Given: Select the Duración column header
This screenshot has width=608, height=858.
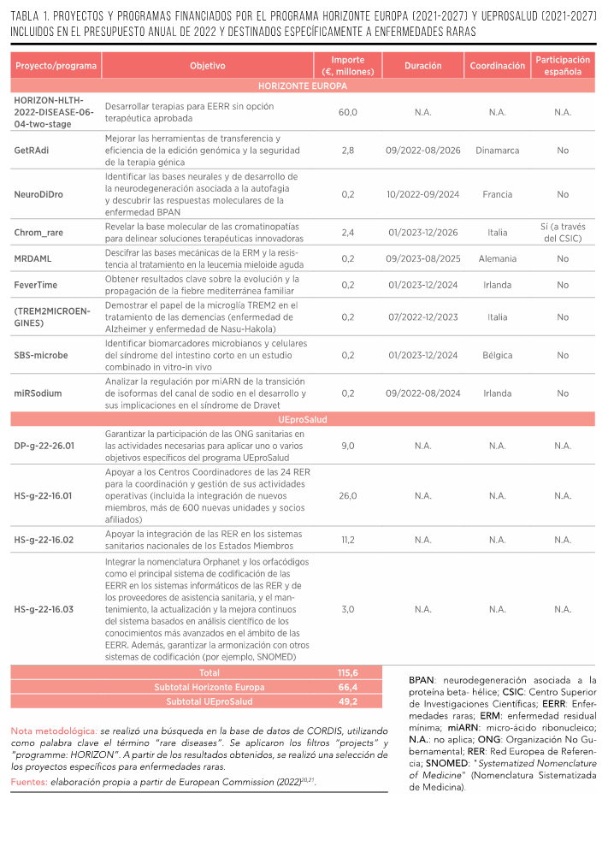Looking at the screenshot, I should pyautogui.click(x=422, y=66).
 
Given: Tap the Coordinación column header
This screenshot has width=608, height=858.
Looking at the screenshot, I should pyautogui.click(x=498, y=66).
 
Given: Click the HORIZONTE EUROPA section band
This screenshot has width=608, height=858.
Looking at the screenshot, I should pyautogui.click(x=303, y=86).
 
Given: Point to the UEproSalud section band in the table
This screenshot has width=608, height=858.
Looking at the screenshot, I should pyautogui.click(x=303, y=420).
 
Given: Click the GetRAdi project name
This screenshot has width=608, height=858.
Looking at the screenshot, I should pyautogui.click(x=32, y=151).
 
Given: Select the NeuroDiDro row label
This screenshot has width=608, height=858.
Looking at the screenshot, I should pyautogui.click(x=38, y=194).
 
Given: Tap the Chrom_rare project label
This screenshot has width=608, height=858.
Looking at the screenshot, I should pyautogui.click(x=38, y=233).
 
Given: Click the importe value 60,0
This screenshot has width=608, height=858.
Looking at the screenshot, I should pyautogui.click(x=348, y=112).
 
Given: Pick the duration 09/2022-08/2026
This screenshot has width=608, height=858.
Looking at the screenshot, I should pyautogui.click(x=422, y=151).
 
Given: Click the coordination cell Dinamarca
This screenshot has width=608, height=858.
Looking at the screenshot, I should pyautogui.click(x=498, y=151).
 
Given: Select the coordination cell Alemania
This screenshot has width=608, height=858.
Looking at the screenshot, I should pyautogui.click(x=498, y=258).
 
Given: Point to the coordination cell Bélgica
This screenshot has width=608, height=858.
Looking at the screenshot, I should pyautogui.click(x=498, y=355).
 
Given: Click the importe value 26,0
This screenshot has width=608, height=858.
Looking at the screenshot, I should pyautogui.click(x=348, y=496).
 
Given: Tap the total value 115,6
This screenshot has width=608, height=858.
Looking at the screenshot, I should pyautogui.click(x=348, y=673).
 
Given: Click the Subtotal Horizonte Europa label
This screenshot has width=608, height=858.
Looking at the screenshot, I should pyautogui.click(x=210, y=688).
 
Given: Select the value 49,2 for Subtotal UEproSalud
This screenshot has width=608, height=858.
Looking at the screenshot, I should pyautogui.click(x=348, y=701).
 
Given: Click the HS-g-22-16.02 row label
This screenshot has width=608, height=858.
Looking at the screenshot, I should pyautogui.click(x=44, y=540).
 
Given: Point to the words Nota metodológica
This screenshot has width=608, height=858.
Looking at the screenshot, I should pyautogui.click(x=53, y=732).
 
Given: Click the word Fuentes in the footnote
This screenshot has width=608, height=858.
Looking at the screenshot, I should pyautogui.click(x=29, y=782).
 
